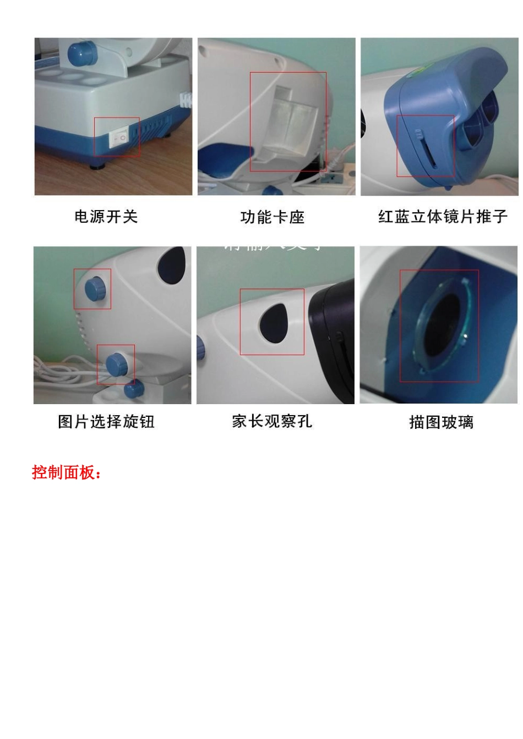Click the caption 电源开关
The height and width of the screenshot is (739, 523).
tap(106, 217)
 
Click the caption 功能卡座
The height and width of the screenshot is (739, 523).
tap(273, 217)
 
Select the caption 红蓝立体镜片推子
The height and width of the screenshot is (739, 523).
tap(443, 217)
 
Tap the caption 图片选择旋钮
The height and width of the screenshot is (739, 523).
tap(106, 422)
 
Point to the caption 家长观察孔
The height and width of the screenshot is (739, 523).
tap(272, 421)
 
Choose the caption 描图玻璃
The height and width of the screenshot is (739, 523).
tap(441, 422)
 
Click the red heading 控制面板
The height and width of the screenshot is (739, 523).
tap(67, 472)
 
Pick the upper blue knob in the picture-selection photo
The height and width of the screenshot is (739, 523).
tap(95, 288)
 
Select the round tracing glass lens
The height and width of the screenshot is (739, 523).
tap(440, 326)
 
